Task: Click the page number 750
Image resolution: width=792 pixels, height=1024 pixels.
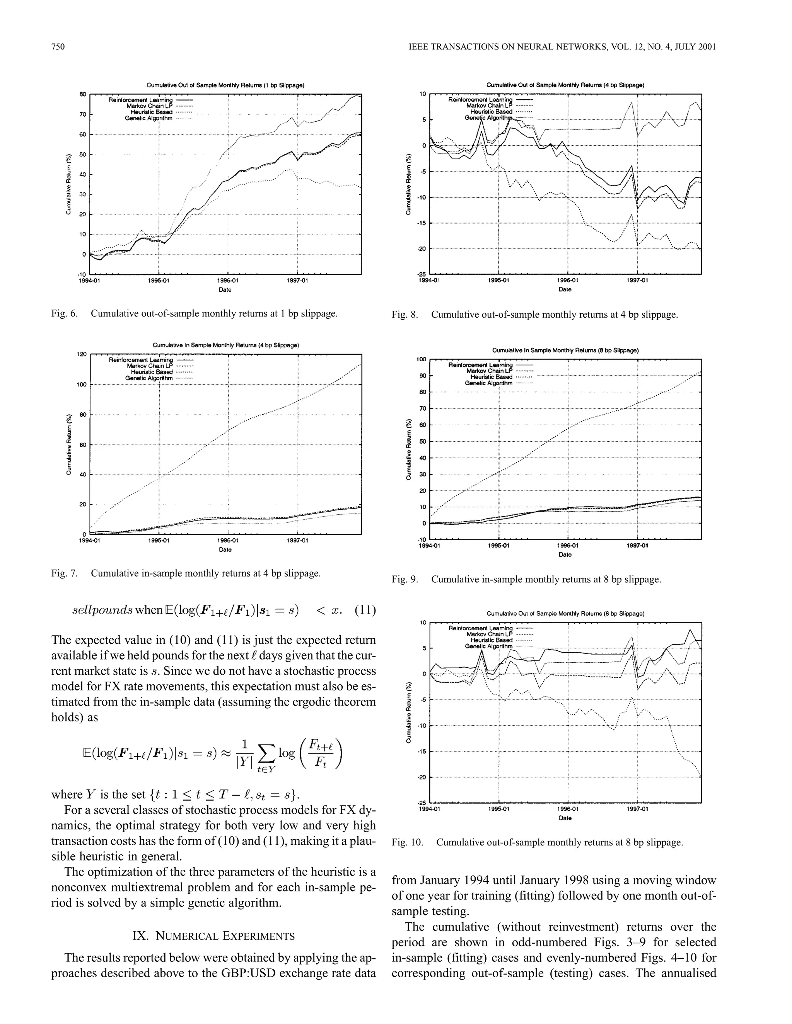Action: [x=58, y=46]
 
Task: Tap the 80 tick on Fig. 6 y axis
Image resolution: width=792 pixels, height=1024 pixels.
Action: [x=83, y=94]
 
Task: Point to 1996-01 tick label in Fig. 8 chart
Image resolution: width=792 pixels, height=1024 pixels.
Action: [x=568, y=281]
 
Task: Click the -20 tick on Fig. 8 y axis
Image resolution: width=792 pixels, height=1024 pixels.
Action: [x=422, y=248]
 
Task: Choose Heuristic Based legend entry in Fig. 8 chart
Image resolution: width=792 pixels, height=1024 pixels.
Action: [x=491, y=112]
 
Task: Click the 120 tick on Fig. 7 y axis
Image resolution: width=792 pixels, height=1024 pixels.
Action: [x=81, y=354]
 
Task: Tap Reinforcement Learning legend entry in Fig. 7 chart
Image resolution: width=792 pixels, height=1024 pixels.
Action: [x=141, y=360]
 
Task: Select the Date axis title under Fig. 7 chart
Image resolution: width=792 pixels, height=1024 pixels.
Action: [x=225, y=549]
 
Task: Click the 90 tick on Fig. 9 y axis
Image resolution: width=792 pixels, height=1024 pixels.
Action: [x=423, y=376]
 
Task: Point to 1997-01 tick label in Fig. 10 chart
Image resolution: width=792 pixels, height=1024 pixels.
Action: [x=638, y=809]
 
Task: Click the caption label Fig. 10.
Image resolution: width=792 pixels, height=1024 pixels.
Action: [x=407, y=842]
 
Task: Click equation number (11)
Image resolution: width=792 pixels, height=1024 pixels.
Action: [x=365, y=611]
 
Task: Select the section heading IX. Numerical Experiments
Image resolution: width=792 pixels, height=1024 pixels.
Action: [x=213, y=936]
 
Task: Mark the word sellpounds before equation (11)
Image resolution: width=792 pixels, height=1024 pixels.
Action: [x=102, y=611]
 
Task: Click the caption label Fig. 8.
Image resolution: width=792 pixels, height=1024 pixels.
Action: [x=405, y=315]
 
